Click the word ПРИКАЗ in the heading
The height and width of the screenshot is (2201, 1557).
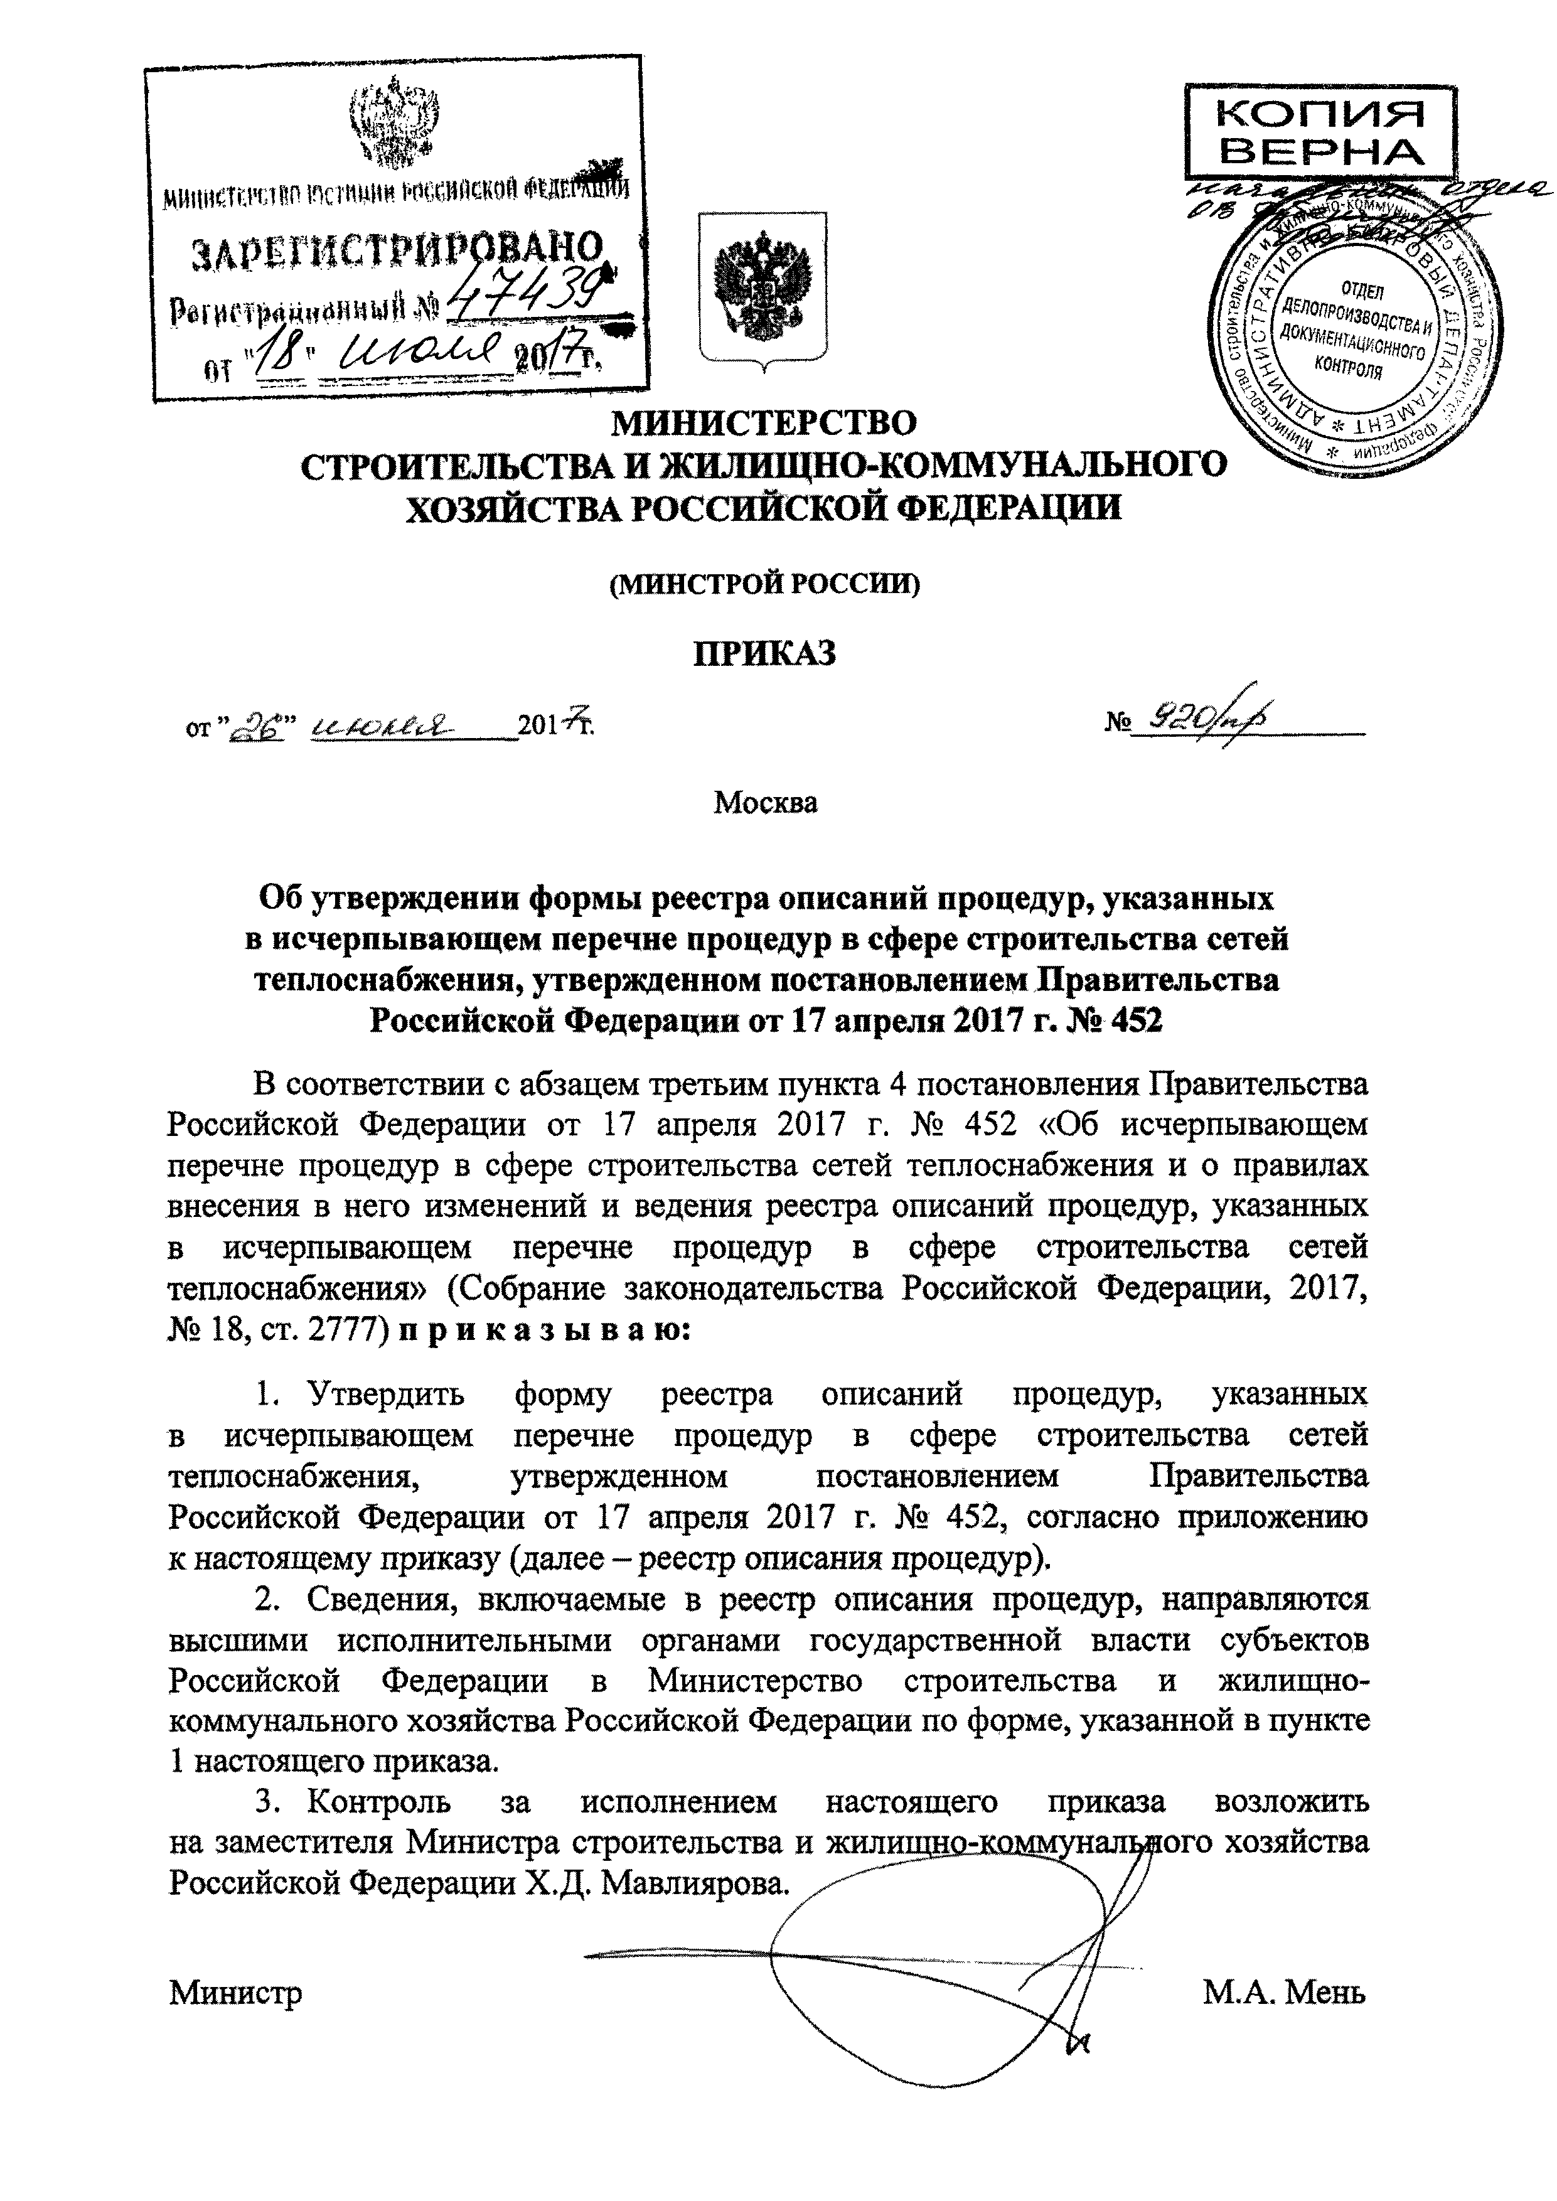(x=764, y=654)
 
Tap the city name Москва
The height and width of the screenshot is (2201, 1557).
(x=765, y=801)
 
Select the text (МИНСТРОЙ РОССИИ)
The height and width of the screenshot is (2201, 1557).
(x=764, y=583)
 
